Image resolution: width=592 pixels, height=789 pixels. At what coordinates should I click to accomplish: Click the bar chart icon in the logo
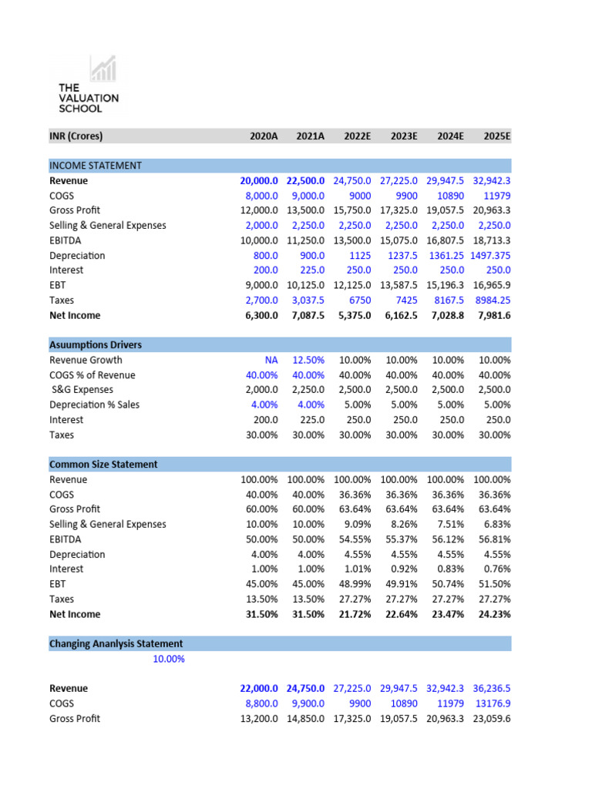[x=103, y=69]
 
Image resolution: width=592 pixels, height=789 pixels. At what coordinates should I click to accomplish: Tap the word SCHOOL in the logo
[x=80, y=109]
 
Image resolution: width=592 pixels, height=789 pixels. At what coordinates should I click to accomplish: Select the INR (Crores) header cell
[x=76, y=136]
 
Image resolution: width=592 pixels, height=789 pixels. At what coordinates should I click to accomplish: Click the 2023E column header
[x=403, y=136]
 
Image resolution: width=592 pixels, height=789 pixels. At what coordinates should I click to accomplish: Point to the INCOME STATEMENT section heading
[x=95, y=166]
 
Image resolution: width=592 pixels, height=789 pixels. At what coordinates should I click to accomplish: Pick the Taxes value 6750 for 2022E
[x=358, y=300]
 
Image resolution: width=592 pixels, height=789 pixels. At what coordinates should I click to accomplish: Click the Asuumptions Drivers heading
[x=95, y=344]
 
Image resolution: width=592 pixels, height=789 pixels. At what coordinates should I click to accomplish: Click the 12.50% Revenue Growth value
[x=308, y=360]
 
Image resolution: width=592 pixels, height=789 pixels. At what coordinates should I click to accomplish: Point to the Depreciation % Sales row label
[x=94, y=405]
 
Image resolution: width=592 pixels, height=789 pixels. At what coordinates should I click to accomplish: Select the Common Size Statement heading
[x=103, y=465]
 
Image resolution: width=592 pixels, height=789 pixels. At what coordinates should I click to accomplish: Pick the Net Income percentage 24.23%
[x=494, y=614]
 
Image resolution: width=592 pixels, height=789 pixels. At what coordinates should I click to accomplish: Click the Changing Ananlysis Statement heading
[x=116, y=643]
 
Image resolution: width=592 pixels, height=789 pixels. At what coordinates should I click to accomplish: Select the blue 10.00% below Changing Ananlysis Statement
[x=167, y=659]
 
